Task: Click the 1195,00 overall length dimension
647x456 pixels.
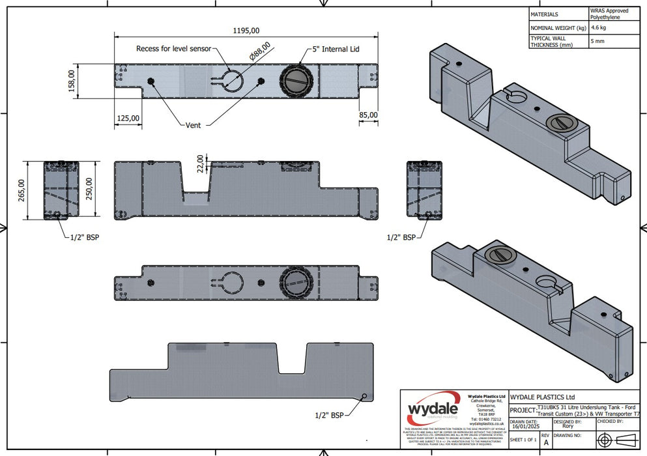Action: click(246, 30)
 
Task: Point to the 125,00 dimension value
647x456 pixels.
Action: click(128, 118)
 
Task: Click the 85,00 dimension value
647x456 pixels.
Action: click(368, 115)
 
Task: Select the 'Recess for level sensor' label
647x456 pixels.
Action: click(173, 49)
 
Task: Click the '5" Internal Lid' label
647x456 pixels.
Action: click(336, 49)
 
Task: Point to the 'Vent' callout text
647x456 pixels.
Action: click(193, 125)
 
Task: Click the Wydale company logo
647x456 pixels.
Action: click(433, 410)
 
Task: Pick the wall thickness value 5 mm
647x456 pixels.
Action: click(597, 42)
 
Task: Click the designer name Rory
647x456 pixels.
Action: click(568, 426)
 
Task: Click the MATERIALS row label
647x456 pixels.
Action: click(545, 14)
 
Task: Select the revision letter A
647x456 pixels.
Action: click(545, 441)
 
